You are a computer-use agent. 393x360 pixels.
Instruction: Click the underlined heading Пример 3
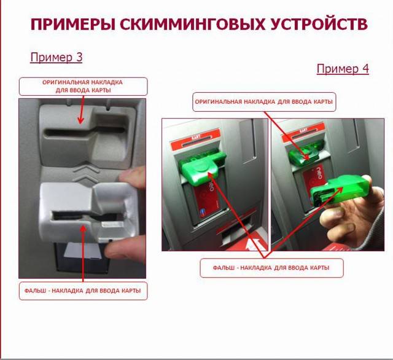click(56, 57)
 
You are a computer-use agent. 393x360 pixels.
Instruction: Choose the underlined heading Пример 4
click(343, 69)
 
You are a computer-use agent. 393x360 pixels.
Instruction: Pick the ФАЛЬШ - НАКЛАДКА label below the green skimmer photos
click(271, 268)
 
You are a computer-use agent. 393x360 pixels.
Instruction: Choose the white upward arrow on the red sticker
click(252, 244)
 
